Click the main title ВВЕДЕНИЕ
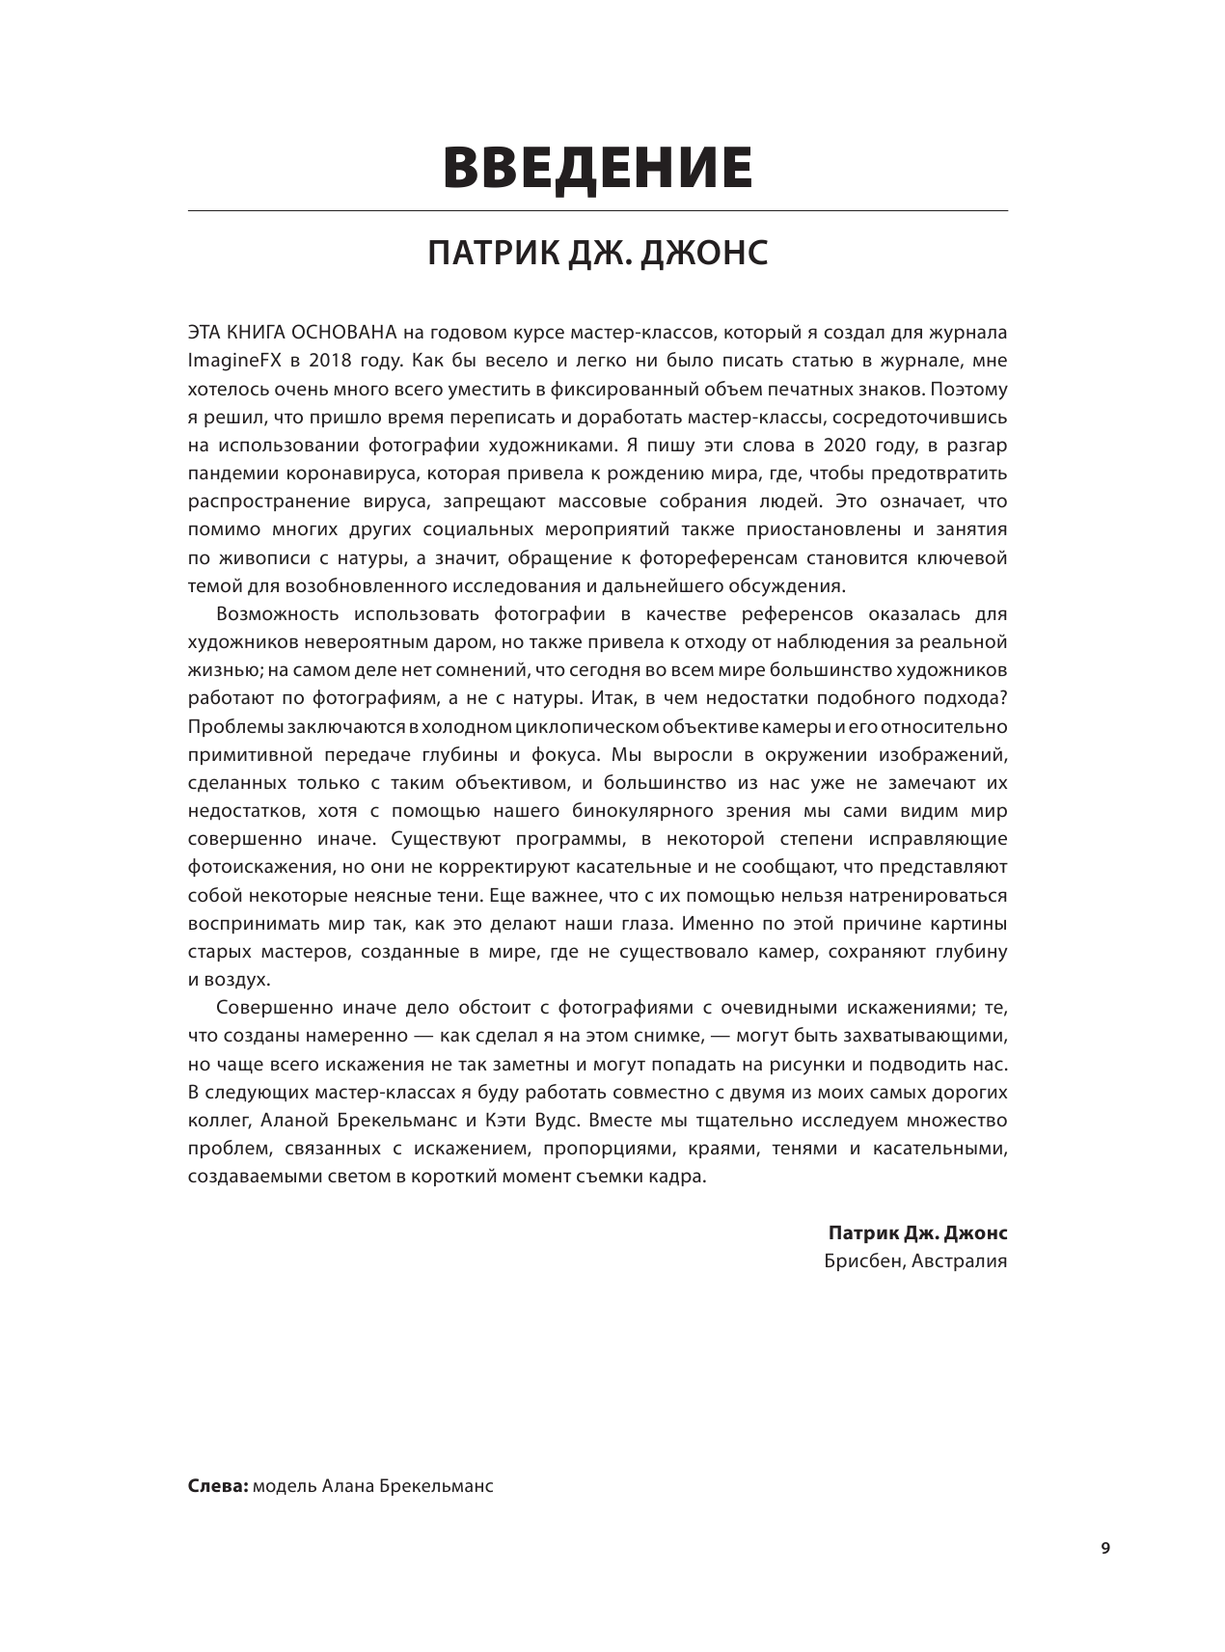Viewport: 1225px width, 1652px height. tap(597, 168)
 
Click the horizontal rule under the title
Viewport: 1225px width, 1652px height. tap(597, 210)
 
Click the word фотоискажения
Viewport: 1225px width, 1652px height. tap(253, 867)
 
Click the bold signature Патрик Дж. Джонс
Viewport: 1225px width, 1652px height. tap(917, 1233)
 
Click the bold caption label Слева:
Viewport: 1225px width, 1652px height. tap(217, 1486)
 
